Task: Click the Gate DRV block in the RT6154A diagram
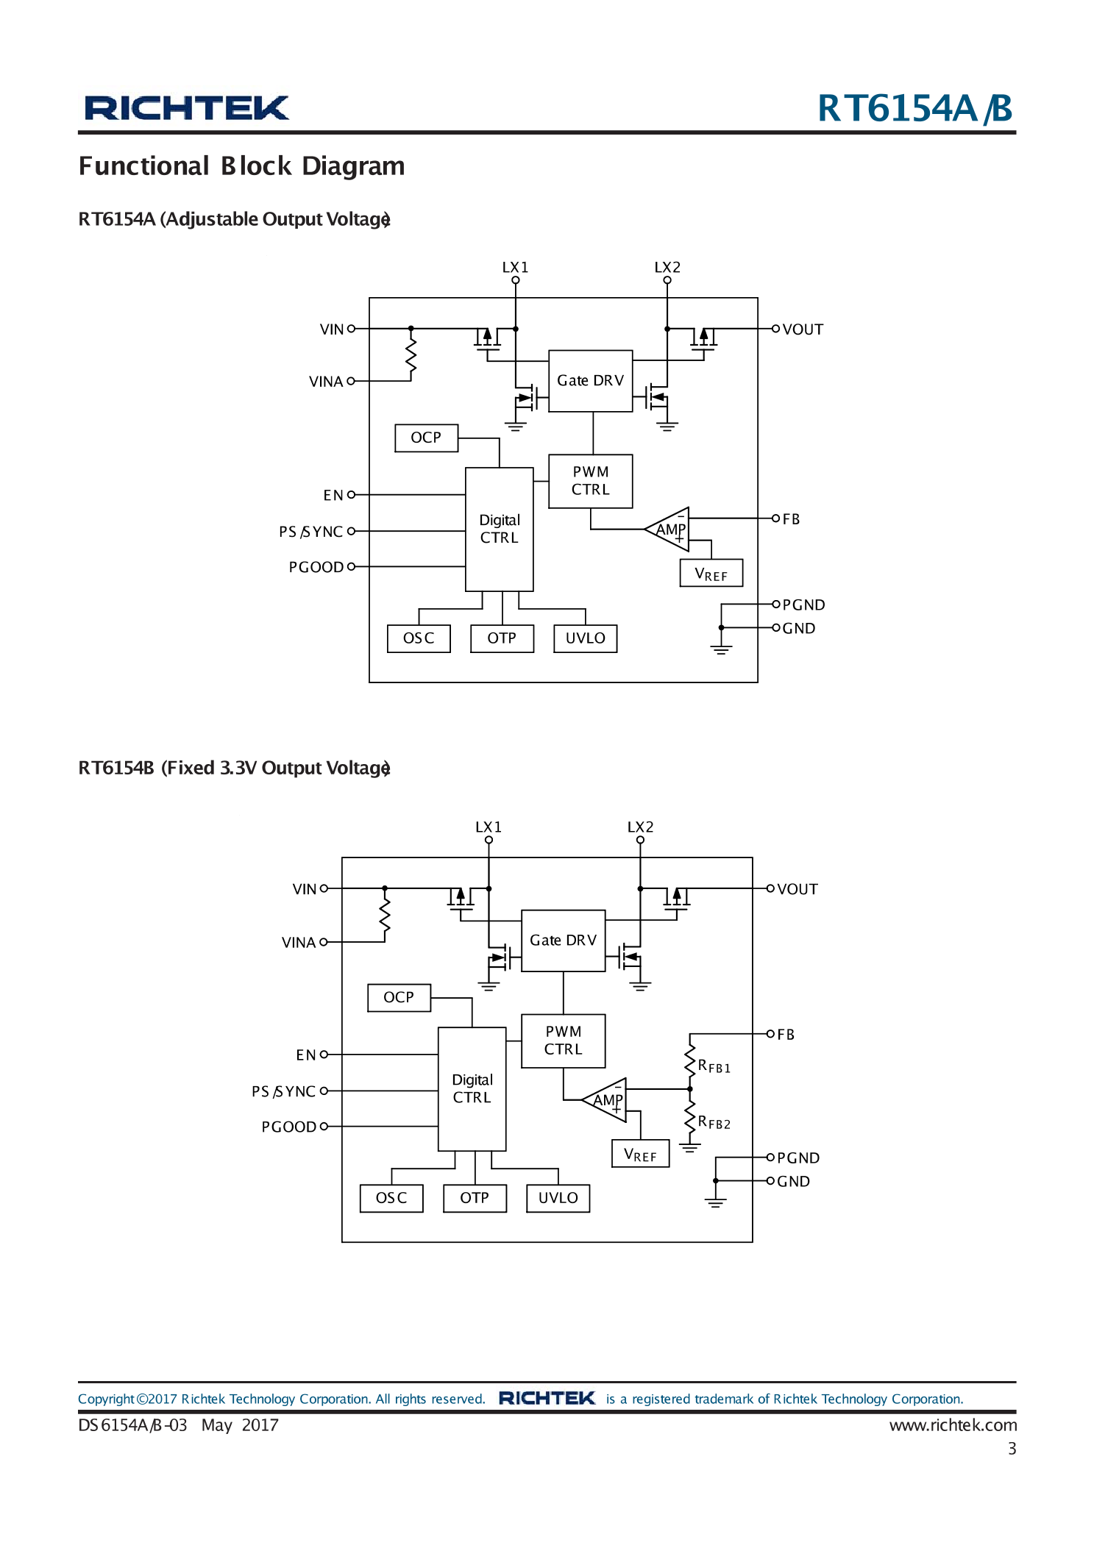[x=590, y=380]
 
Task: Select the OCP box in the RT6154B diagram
[x=399, y=997]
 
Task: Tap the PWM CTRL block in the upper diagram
[x=590, y=480]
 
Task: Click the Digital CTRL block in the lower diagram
[x=472, y=1088]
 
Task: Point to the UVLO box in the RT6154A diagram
[x=585, y=638]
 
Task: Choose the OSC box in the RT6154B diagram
[x=391, y=1197]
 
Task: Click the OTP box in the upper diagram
[x=502, y=638]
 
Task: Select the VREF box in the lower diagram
[x=640, y=1154]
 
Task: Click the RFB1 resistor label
[x=714, y=1066]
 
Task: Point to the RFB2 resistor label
[x=714, y=1122]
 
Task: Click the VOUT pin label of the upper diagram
[x=803, y=329]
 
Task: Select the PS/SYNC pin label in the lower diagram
[x=283, y=1091]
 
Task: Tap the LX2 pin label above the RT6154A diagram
[x=667, y=267]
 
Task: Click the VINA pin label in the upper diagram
[x=326, y=382]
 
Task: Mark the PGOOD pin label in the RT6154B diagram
[x=288, y=1127]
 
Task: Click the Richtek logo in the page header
[x=186, y=108]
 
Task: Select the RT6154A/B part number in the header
[x=914, y=108]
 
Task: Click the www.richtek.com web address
[x=953, y=1424]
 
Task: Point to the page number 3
[x=1012, y=1448]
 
